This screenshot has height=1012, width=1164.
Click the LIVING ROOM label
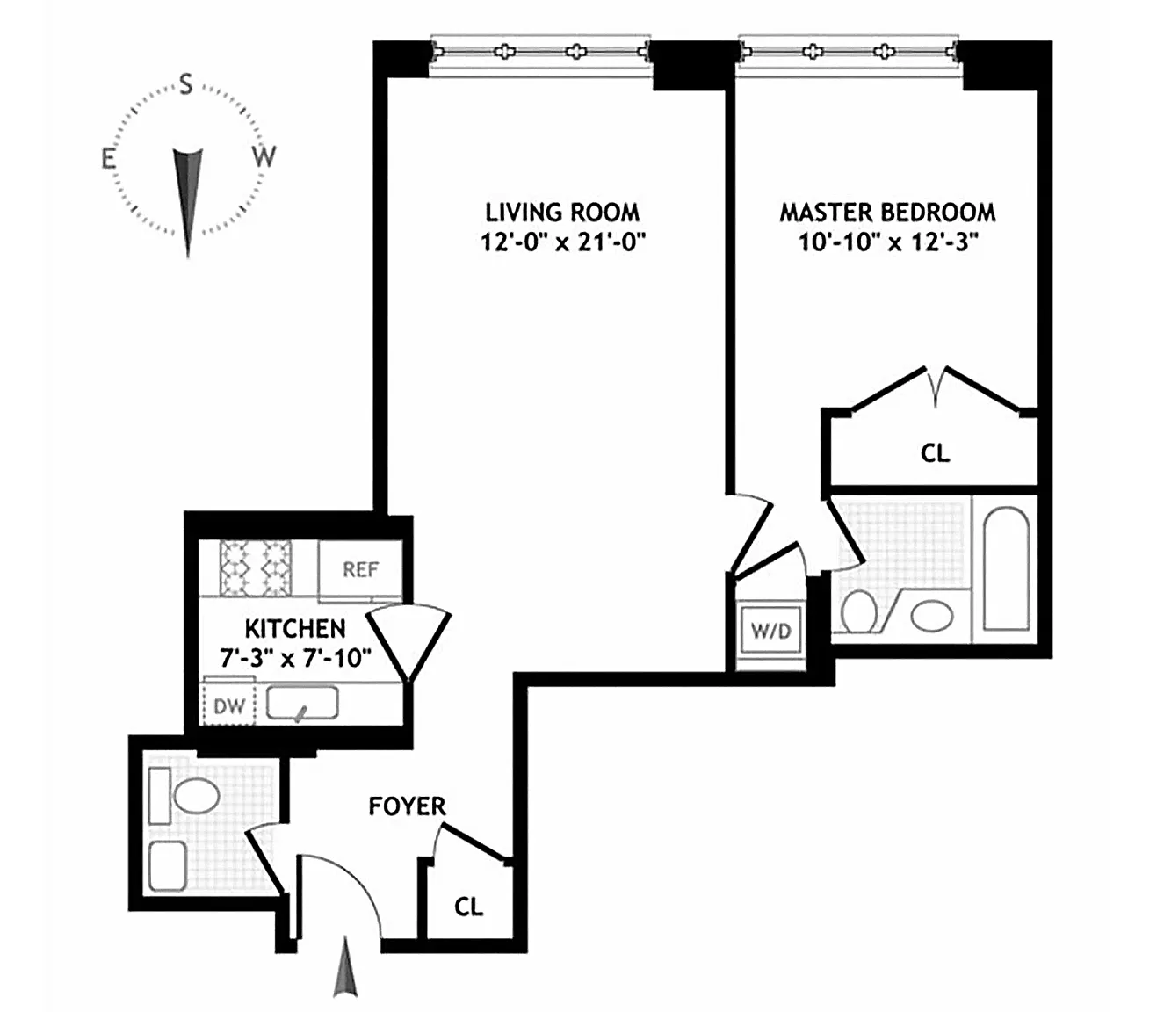click(562, 212)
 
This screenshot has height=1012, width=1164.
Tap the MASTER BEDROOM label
click(887, 213)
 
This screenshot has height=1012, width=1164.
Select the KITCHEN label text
click(295, 629)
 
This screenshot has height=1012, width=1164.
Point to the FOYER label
click(407, 806)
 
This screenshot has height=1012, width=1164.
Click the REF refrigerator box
click(360, 569)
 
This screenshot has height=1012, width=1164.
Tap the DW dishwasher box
click(228, 705)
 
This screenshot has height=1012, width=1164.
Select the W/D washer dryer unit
click(770, 631)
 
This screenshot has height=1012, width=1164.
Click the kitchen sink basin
click(302, 704)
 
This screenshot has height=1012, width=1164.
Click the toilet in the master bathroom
click(858, 611)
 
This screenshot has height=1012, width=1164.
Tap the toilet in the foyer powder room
click(195, 797)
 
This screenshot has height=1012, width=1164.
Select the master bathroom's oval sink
click(931, 615)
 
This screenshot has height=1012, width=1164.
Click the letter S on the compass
click(186, 84)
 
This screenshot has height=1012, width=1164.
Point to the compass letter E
click(108, 159)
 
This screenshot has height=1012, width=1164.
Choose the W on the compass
click(264, 157)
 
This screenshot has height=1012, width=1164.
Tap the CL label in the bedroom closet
click(935, 453)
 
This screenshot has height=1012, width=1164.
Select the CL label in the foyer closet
click(468, 906)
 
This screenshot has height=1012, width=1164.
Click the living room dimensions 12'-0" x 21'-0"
click(562, 242)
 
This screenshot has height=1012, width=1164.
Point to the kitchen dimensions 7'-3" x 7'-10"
click(295, 657)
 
